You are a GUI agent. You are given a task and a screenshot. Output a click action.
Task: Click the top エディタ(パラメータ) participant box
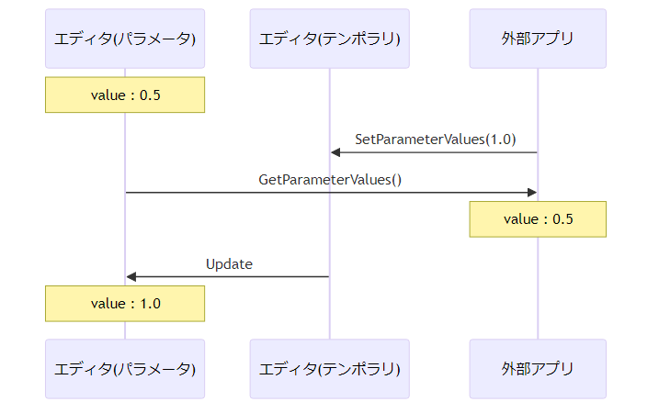(x=125, y=39)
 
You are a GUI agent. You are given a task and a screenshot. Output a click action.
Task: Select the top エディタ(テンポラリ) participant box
(x=329, y=39)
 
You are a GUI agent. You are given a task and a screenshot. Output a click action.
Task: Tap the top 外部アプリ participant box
(x=538, y=39)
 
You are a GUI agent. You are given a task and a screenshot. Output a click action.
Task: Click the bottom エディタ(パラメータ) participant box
(x=125, y=369)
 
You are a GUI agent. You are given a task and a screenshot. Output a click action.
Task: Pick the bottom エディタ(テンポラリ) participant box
(x=329, y=369)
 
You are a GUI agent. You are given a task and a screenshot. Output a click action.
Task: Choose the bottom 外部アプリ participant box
(x=538, y=369)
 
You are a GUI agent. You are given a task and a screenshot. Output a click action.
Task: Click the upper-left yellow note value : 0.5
(x=125, y=95)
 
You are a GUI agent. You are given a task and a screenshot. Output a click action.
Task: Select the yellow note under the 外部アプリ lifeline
(x=538, y=219)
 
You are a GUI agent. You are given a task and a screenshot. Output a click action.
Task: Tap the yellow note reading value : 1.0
(x=125, y=304)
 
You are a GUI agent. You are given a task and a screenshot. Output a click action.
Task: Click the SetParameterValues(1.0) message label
(x=436, y=140)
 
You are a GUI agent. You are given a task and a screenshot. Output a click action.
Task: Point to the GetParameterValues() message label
(x=330, y=180)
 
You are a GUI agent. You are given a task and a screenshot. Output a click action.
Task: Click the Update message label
(x=229, y=264)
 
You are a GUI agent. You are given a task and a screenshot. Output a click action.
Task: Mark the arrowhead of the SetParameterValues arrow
(x=335, y=152)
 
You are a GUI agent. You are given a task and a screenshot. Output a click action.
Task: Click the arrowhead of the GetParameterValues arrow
(x=532, y=193)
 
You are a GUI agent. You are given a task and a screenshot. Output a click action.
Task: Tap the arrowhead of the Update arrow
(x=131, y=276)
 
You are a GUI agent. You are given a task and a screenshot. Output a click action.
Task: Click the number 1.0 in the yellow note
(x=150, y=304)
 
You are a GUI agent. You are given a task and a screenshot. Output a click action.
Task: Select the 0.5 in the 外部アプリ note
(x=562, y=219)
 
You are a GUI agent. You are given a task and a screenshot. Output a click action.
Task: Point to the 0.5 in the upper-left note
(x=150, y=95)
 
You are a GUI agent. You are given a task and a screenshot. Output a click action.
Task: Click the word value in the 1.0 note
(x=108, y=304)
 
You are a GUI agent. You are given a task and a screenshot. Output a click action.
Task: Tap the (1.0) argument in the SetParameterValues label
(x=501, y=140)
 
